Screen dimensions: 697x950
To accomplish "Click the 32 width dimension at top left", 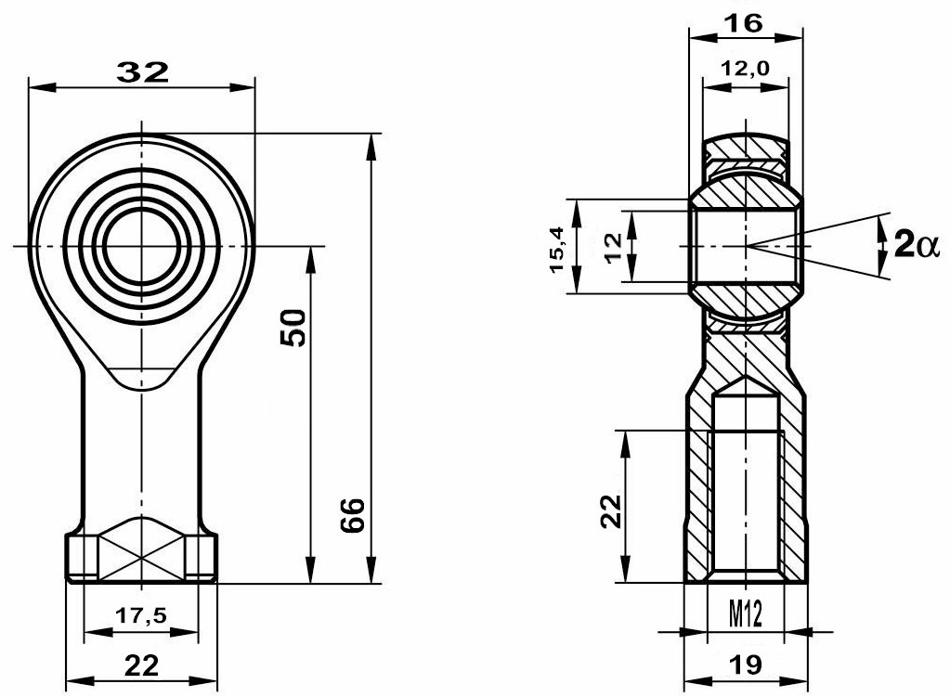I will click(x=142, y=72).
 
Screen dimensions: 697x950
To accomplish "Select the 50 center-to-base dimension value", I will click(x=293, y=328).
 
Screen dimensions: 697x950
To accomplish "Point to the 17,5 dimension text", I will click(x=141, y=614).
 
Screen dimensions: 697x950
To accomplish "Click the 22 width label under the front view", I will click(x=141, y=664).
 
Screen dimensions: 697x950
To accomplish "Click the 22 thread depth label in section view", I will click(x=609, y=509).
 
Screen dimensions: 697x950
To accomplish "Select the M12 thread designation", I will click(x=745, y=613).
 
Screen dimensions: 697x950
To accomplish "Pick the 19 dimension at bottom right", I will click(x=745, y=664).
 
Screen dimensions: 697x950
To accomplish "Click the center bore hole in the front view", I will click(x=141, y=246).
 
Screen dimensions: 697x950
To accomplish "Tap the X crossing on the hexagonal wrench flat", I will click(x=141, y=554).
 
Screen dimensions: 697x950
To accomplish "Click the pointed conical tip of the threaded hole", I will click(x=745, y=380).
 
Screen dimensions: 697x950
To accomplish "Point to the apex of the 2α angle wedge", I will click(x=746, y=246).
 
